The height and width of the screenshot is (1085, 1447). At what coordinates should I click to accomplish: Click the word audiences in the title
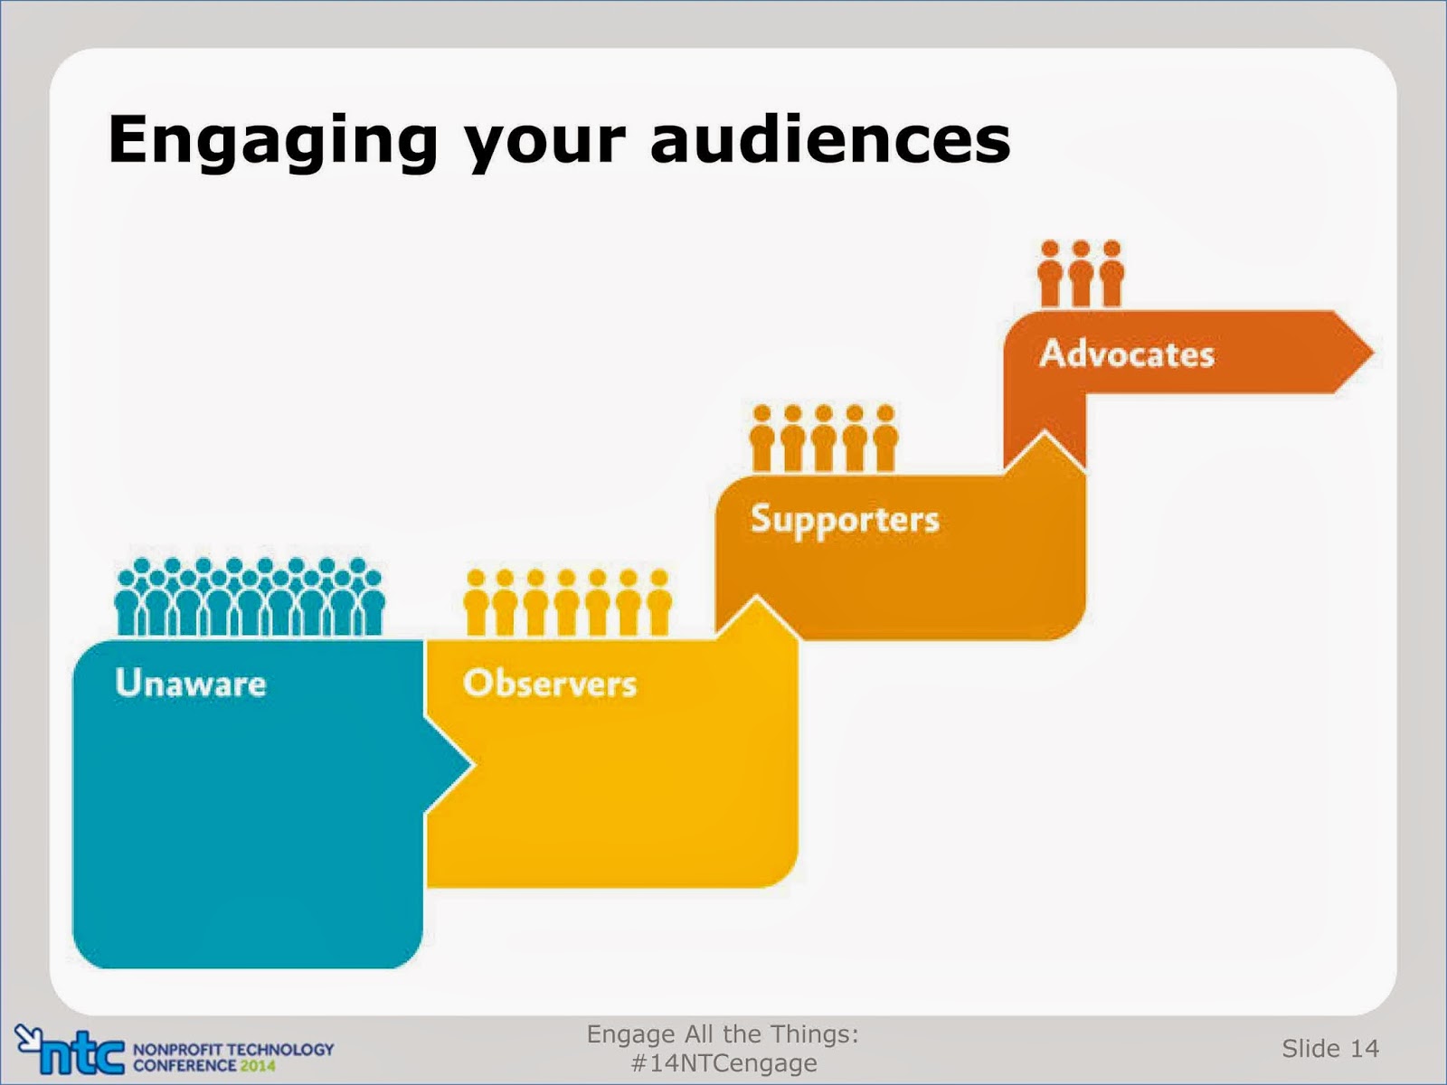(830, 138)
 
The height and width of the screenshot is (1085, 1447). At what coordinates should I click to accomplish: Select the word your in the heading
(544, 147)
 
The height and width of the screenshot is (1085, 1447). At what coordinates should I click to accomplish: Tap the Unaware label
(191, 683)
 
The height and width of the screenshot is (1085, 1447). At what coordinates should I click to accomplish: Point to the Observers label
(550, 683)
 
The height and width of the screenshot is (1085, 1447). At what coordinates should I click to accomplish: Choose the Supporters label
(845, 521)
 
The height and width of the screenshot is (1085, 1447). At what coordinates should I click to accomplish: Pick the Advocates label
(1127, 354)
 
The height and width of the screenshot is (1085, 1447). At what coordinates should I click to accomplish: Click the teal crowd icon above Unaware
(250, 597)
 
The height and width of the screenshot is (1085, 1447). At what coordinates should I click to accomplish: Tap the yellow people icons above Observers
(568, 602)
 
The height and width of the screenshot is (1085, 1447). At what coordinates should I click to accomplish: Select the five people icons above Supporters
(824, 438)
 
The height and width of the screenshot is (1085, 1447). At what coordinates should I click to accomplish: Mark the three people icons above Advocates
(1081, 273)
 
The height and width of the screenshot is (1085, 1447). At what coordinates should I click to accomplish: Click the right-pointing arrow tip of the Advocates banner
(1374, 353)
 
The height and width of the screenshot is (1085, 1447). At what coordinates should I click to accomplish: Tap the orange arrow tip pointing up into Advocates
(1045, 433)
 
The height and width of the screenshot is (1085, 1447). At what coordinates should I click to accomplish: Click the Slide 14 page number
(1330, 1048)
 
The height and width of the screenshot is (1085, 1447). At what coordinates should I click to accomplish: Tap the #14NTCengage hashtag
(723, 1062)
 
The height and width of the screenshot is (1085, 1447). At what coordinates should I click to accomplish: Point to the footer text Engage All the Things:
(723, 1033)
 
